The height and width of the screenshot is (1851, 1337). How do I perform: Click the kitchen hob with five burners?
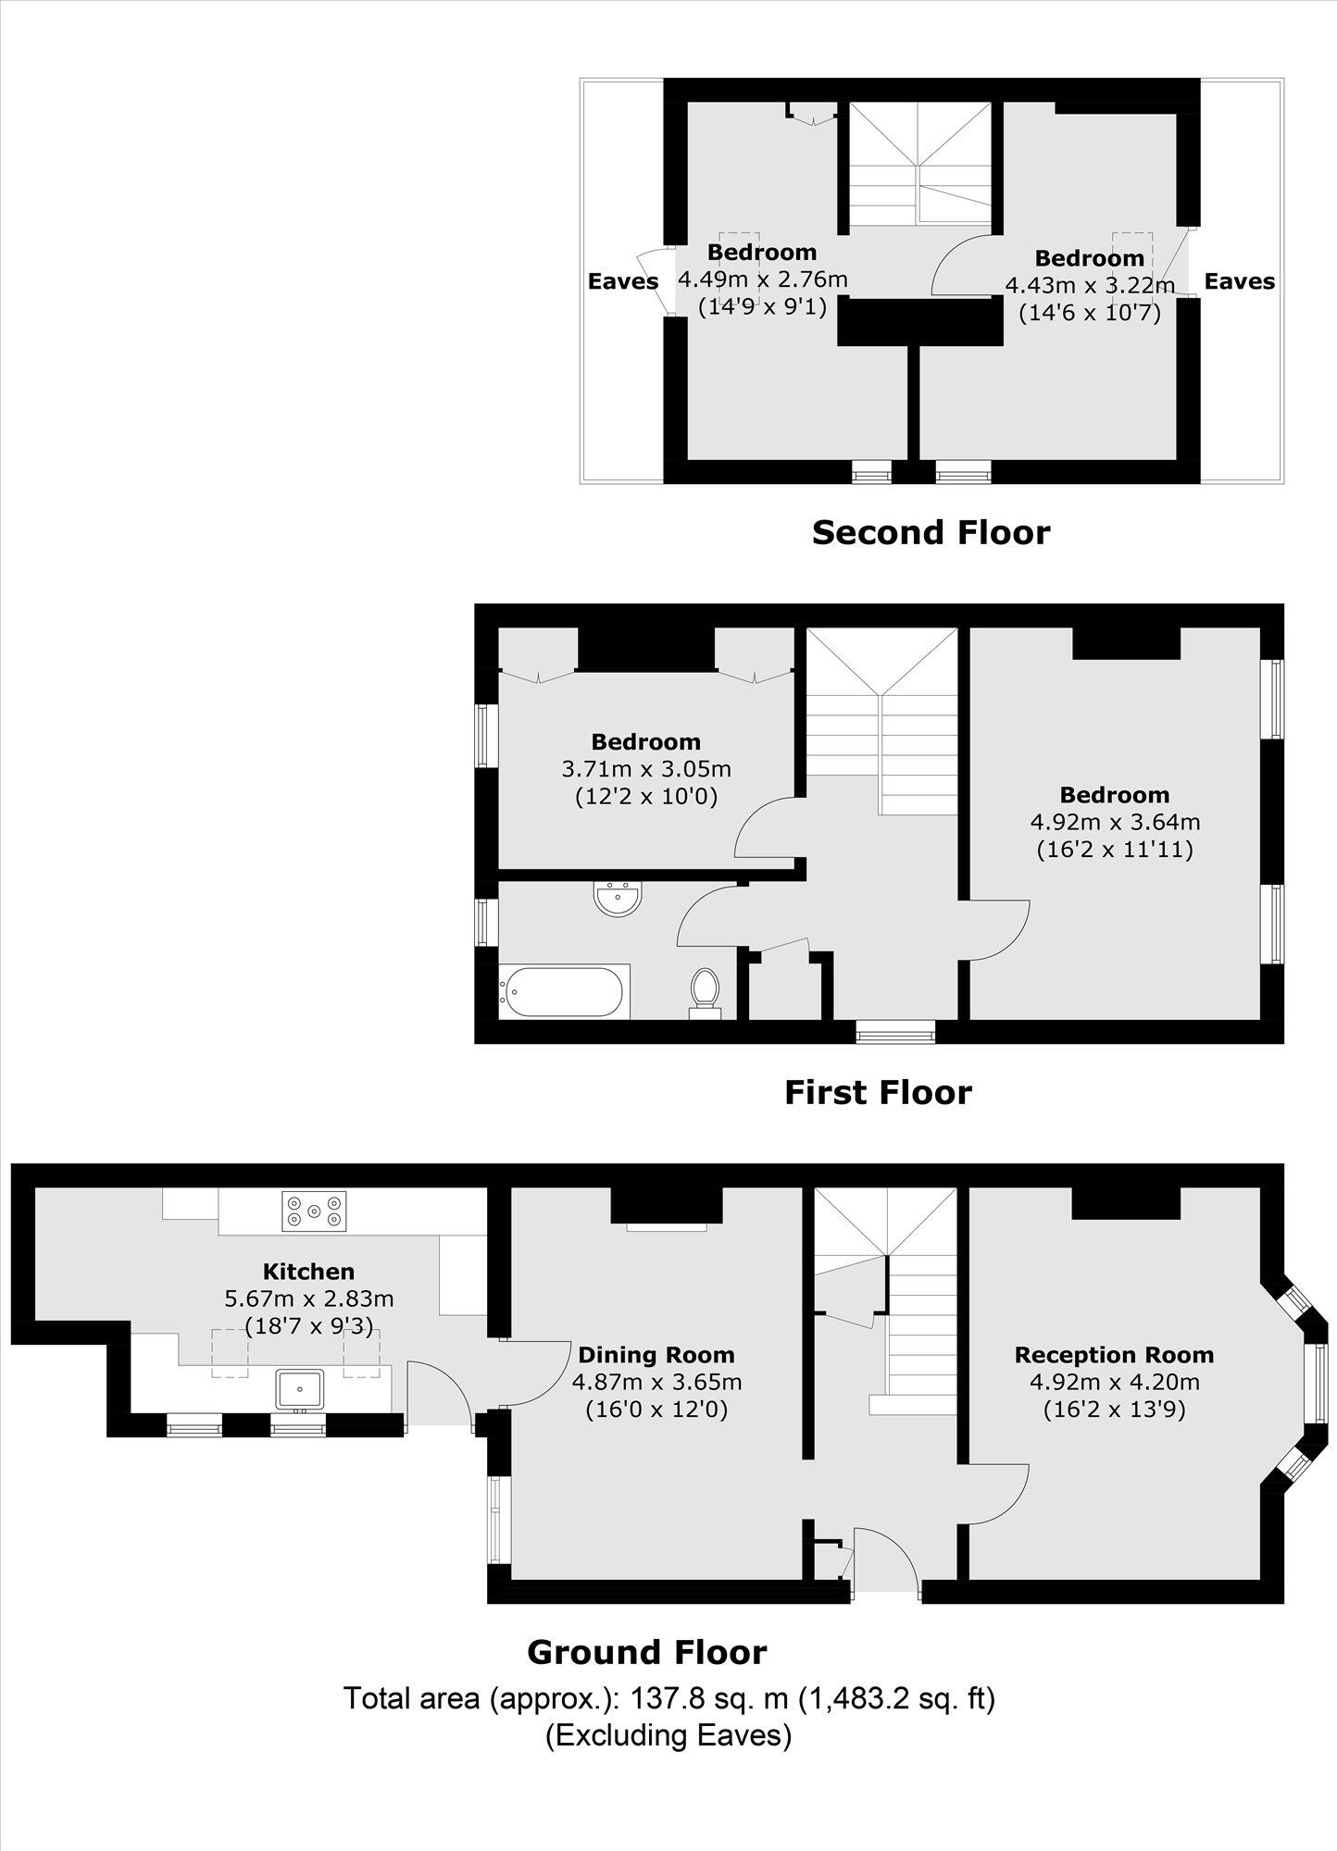coord(314,1211)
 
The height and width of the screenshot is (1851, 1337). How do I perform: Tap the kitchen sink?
coord(299,1389)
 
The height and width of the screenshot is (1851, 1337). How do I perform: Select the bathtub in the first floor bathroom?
coord(564,992)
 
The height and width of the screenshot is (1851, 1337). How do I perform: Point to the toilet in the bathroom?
coord(705,991)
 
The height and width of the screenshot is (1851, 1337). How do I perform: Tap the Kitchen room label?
coord(308,1272)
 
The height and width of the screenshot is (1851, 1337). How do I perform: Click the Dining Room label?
coord(656,1355)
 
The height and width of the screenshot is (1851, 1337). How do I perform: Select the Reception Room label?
coord(1114,1355)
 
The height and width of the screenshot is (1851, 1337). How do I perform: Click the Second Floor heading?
coord(931,532)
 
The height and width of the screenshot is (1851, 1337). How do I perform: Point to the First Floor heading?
coord(878,1092)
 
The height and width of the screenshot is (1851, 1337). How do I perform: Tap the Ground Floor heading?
coord(646,1652)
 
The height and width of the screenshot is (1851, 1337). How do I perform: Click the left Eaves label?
coord(623,281)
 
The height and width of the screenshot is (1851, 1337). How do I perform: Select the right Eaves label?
coord(1239,281)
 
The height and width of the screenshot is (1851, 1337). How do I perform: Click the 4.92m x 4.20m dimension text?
coord(1114,1382)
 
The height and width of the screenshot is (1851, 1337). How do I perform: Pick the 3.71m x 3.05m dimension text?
coord(646,769)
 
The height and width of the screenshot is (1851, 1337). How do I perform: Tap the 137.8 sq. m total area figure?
coord(709,1698)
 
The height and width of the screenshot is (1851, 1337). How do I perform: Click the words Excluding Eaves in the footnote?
coord(668,1734)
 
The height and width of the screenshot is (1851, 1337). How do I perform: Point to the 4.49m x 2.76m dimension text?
coord(763,279)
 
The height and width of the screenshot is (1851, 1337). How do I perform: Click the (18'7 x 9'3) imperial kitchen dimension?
coord(308,1326)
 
